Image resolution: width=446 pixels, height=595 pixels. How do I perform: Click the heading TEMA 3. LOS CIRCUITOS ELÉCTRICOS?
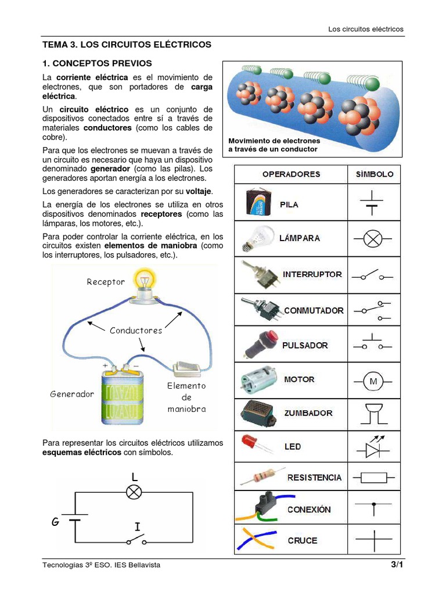(127, 44)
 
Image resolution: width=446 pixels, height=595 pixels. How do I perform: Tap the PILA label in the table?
(289, 205)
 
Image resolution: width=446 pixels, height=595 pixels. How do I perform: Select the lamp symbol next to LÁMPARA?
(374, 238)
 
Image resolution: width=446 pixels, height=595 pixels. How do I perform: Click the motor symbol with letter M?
(373, 382)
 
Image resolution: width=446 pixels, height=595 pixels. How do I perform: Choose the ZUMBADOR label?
(308, 413)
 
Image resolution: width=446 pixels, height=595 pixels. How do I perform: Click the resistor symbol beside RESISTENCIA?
(374, 478)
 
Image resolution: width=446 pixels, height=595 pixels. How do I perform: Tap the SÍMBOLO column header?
(374, 174)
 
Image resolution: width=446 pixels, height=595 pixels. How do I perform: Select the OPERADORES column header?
(291, 174)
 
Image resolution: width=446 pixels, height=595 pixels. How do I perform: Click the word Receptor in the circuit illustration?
(106, 282)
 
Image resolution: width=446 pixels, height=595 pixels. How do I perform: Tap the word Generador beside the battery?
(72, 394)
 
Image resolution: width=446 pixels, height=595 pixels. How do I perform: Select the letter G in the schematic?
(56, 521)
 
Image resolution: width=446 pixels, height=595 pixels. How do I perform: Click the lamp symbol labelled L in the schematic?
(134, 492)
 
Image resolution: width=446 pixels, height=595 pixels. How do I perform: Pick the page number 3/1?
(397, 565)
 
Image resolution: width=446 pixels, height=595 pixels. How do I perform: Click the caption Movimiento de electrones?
(274, 141)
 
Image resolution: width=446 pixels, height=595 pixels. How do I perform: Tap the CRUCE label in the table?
(303, 540)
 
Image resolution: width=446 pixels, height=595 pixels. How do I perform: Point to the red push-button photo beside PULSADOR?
(256, 343)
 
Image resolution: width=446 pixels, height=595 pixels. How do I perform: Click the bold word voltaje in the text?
(199, 191)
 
